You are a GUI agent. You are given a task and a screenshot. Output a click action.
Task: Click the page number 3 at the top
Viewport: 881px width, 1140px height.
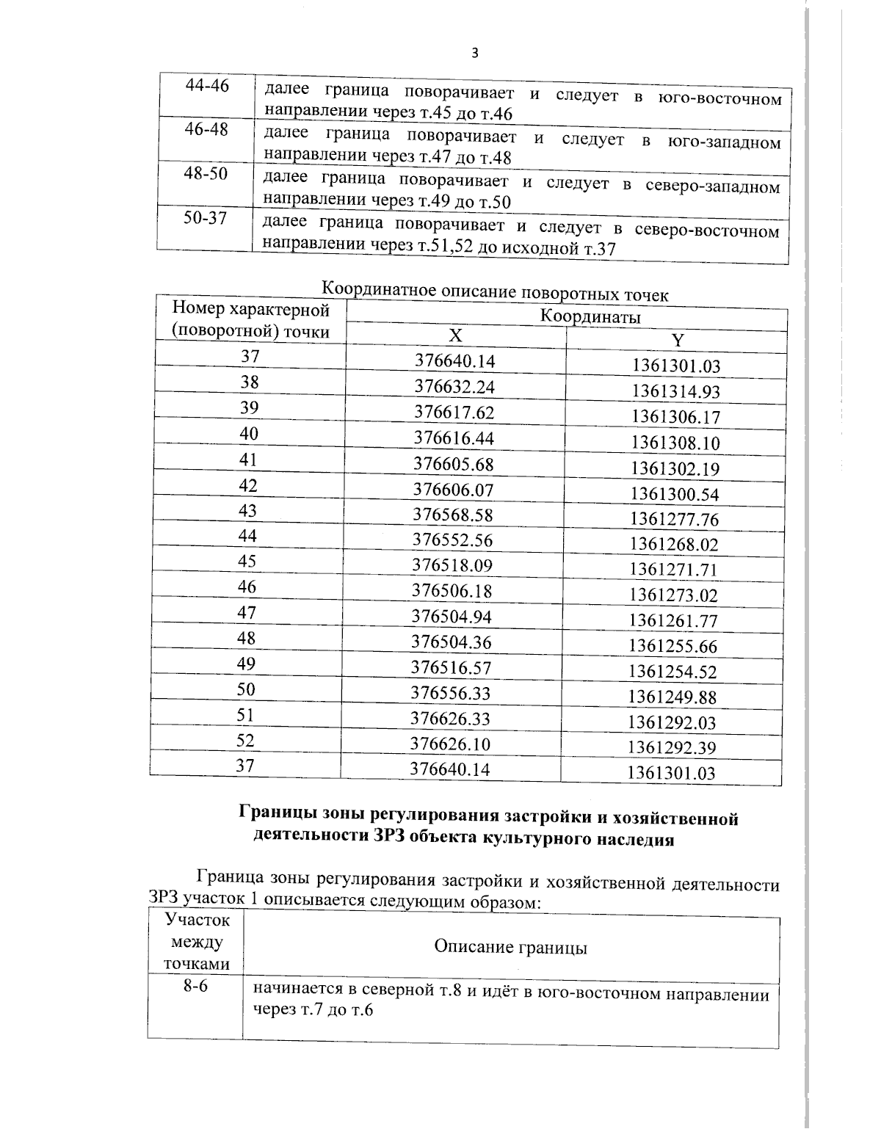click(x=475, y=53)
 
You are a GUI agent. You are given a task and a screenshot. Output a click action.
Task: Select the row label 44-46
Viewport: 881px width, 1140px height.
click(x=207, y=87)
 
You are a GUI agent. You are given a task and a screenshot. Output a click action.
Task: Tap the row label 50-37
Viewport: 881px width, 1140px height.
click(x=205, y=218)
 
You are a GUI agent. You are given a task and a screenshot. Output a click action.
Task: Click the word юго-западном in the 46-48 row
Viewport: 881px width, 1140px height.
click(x=724, y=142)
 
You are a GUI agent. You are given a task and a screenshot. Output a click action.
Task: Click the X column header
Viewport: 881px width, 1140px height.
click(x=456, y=336)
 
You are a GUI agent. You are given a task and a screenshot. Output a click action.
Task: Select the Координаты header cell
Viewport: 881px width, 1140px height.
click(x=590, y=316)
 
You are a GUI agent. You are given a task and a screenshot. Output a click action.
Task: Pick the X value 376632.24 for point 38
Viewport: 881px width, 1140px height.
click(x=454, y=387)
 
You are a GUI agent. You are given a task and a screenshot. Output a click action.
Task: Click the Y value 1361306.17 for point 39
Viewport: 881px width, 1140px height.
click(x=676, y=417)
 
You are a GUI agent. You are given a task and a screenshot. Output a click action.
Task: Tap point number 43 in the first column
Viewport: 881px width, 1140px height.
click(x=248, y=510)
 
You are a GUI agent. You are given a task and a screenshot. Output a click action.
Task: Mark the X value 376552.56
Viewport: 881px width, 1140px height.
click(x=452, y=540)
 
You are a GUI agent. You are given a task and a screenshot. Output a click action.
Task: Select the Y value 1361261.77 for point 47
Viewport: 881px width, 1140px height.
click(x=672, y=621)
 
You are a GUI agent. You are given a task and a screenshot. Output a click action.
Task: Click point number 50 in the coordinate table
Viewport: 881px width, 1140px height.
click(x=246, y=689)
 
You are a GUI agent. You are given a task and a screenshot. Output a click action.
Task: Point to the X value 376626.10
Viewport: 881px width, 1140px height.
click(x=450, y=744)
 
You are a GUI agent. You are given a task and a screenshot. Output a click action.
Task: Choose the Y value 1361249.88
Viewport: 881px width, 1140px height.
click(x=672, y=697)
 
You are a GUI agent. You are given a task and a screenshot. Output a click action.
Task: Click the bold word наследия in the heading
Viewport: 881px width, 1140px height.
click(x=630, y=839)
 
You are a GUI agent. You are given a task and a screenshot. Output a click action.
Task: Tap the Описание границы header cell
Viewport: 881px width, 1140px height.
click(x=510, y=947)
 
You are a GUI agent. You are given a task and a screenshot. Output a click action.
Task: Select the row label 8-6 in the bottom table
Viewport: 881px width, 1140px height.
click(x=195, y=986)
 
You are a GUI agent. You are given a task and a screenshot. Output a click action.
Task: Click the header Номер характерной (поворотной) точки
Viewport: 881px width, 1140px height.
click(x=250, y=320)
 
